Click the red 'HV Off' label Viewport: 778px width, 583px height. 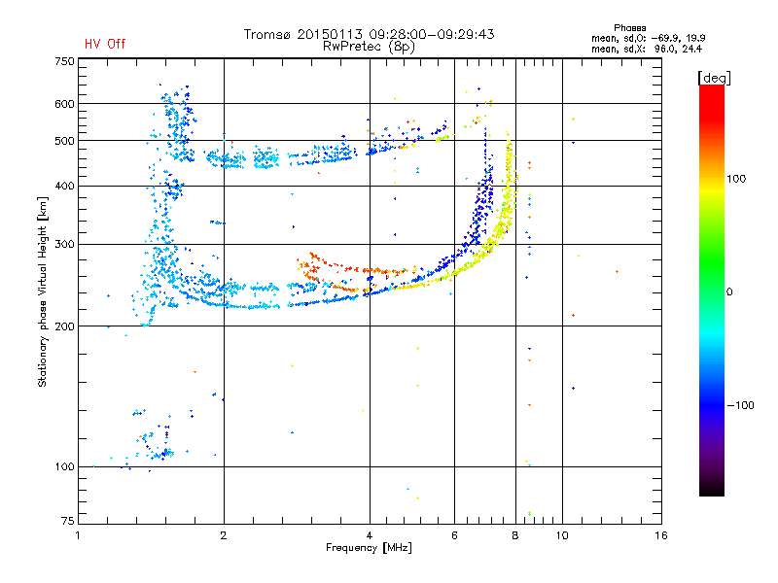pos(105,44)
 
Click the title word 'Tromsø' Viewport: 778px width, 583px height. pos(267,34)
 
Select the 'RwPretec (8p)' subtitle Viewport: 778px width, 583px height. pos(369,47)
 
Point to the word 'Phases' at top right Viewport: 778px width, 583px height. pos(629,28)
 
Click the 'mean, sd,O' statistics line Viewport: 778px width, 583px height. pos(648,38)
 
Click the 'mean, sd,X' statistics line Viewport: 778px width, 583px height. pos(647,49)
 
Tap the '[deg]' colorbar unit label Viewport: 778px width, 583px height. pos(714,78)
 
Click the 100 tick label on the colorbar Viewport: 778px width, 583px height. pos(736,179)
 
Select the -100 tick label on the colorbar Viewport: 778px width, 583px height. pos(740,405)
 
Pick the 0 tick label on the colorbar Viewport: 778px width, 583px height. pos(729,292)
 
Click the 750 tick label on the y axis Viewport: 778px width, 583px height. pos(65,61)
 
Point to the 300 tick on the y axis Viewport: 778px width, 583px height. pos(65,245)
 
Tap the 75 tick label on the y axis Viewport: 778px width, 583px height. pos(68,521)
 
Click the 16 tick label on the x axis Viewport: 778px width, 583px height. pos(661,535)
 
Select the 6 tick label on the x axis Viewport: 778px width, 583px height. pos(454,535)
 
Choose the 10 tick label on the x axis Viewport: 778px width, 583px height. pos(562,535)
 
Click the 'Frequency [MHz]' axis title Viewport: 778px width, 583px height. pos(369,548)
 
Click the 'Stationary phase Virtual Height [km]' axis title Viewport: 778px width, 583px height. pos(43,291)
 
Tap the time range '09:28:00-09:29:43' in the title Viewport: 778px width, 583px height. pos(432,34)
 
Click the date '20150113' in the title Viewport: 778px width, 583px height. pos(330,34)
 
